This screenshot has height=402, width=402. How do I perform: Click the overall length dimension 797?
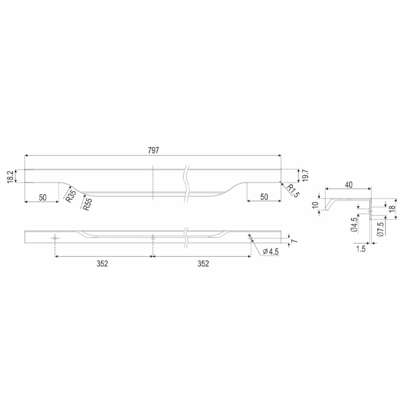[153, 150]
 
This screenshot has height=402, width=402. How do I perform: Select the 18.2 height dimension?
[10, 177]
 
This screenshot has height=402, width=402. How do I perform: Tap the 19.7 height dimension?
[306, 176]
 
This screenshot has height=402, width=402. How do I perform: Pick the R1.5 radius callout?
[293, 191]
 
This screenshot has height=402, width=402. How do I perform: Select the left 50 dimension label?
[42, 198]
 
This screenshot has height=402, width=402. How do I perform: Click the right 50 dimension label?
[264, 197]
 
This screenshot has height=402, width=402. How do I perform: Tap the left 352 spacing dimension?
[102, 264]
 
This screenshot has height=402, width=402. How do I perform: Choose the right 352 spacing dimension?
[203, 264]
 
